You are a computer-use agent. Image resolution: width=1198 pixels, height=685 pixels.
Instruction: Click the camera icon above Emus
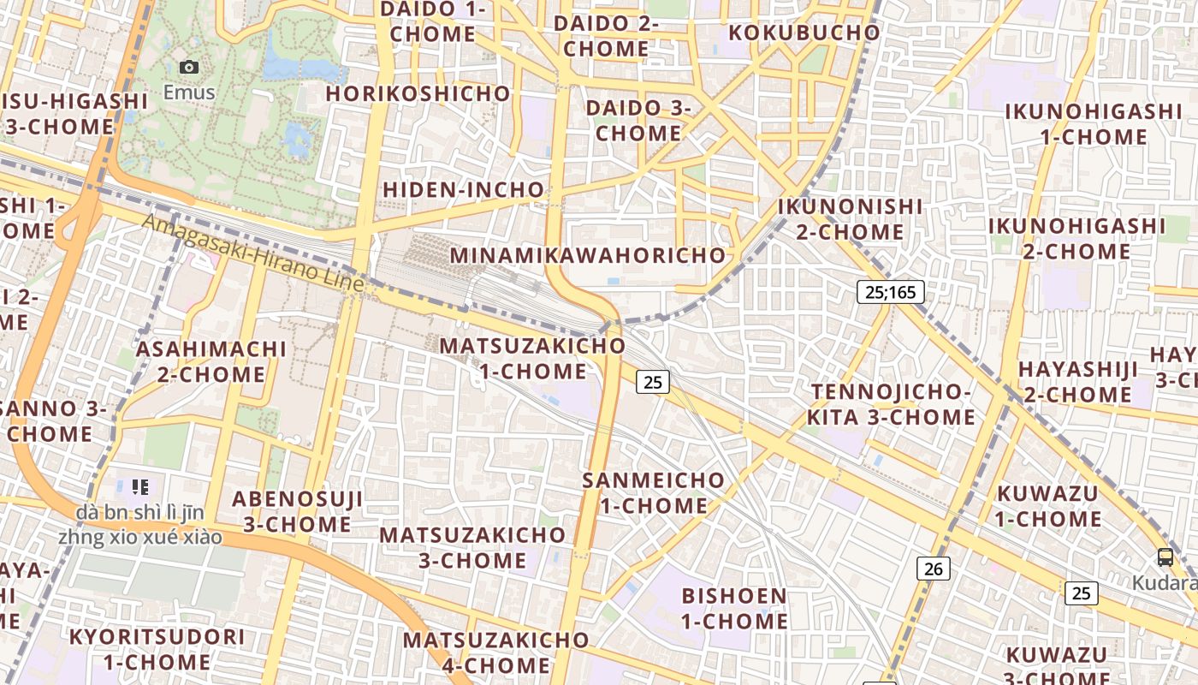[x=189, y=67]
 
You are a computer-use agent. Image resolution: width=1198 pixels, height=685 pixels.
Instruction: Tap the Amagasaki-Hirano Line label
[x=253, y=253]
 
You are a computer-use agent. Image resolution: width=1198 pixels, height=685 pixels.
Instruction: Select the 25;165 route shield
[x=890, y=292]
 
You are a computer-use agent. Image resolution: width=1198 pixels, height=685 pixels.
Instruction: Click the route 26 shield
[x=934, y=568]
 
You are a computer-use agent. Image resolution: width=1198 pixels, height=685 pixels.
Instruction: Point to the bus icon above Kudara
[x=1165, y=557]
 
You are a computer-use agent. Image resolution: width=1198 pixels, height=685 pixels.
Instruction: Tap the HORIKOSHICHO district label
[x=418, y=93]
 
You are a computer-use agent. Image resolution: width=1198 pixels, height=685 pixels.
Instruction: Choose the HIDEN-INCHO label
[x=463, y=189]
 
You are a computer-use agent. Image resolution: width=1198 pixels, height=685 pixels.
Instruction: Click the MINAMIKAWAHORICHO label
[x=588, y=255]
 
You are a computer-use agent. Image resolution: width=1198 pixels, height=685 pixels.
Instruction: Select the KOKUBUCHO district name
[x=804, y=33]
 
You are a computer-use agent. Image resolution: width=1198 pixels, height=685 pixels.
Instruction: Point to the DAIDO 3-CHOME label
[x=638, y=121]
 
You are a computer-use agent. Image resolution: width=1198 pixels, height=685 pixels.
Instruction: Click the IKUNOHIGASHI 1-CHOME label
[x=1093, y=124]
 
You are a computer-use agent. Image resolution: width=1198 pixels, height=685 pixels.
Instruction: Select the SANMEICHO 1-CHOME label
[x=653, y=492]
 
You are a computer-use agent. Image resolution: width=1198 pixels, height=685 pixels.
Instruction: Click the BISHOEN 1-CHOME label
[x=734, y=608]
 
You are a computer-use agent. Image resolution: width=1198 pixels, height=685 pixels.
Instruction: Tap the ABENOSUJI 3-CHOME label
[x=298, y=511]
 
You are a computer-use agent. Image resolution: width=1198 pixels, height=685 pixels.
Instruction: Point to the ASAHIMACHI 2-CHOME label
[x=211, y=361]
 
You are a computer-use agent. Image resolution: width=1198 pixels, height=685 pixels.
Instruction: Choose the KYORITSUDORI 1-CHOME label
[x=157, y=649]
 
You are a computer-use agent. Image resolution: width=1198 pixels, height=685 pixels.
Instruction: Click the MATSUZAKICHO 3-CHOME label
[x=472, y=547]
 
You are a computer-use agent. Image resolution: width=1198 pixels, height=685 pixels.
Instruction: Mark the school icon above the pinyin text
[x=140, y=487]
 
